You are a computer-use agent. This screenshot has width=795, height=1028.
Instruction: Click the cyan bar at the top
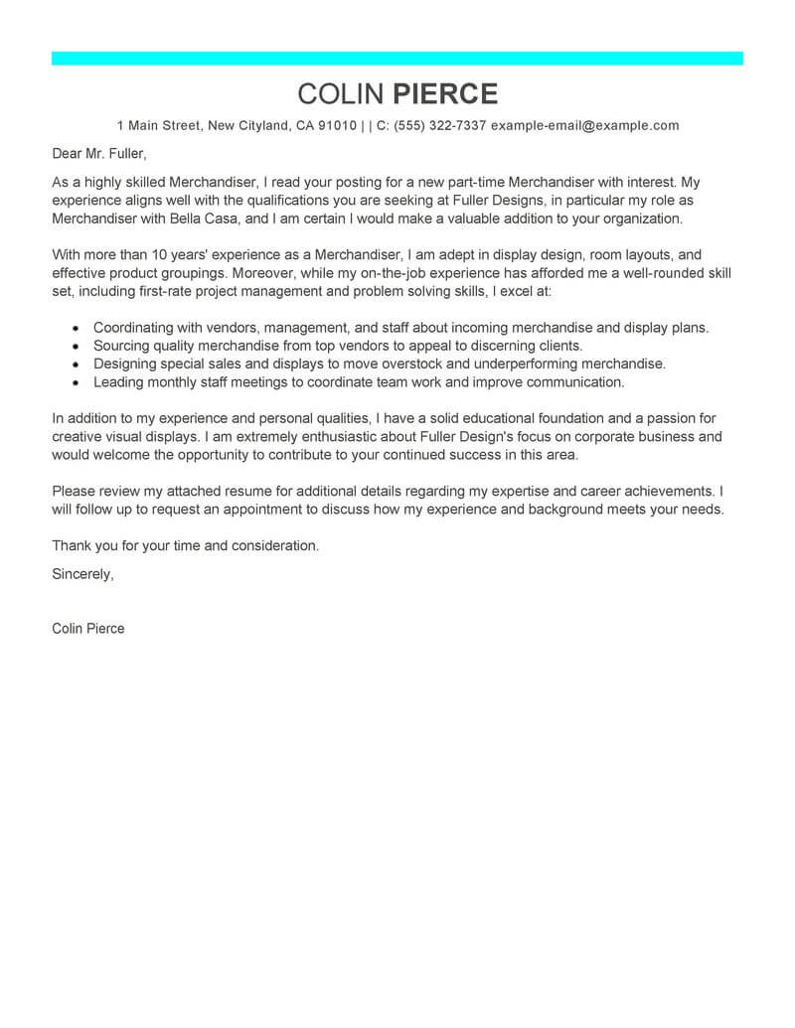tap(397, 59)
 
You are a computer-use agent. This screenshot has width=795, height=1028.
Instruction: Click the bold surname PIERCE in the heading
tap(445, 93)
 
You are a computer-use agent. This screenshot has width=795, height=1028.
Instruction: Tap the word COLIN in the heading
tap(340, 93)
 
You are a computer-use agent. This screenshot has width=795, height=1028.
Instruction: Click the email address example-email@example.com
tap(585, 126)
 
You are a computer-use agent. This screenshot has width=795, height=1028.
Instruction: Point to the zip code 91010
tap(337, 126)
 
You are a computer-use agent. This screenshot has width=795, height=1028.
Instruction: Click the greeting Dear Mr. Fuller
tap(99, 154)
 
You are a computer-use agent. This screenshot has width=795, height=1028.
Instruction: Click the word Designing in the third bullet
tap(127, 364)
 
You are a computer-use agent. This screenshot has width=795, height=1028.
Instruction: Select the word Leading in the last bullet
tap(119, 382)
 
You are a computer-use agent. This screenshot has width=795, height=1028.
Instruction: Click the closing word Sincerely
tap(82, 574)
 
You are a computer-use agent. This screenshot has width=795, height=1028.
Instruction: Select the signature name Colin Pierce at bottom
tap(88, 629)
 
